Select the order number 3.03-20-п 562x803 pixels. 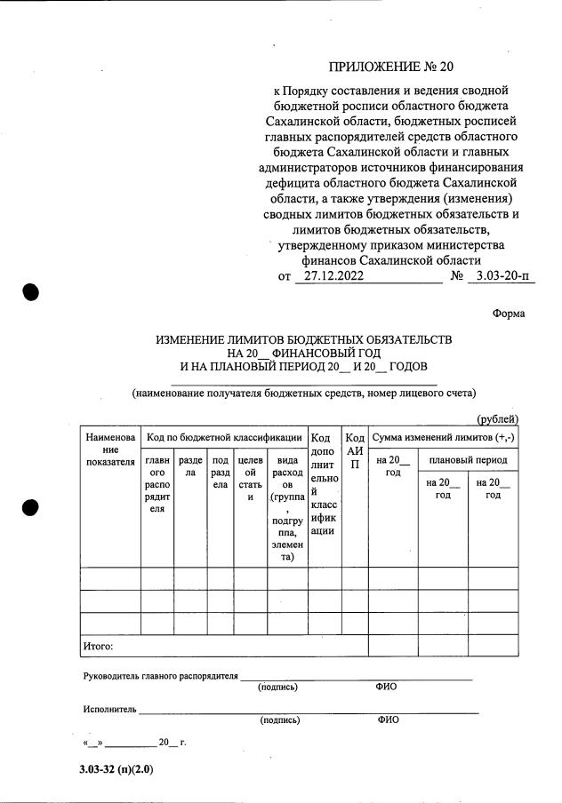tap(502, 276)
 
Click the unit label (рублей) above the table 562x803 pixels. tap(497, 419)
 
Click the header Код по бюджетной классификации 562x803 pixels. tap(223, 438)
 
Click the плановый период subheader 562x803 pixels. tap(468, 461)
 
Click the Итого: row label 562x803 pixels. tap(98, 646)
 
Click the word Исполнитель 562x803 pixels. tap(109, 710)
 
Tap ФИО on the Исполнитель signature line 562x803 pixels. tap(388, 720)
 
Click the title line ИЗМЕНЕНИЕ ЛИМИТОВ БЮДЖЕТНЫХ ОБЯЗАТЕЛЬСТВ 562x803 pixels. tap(304, 340)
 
